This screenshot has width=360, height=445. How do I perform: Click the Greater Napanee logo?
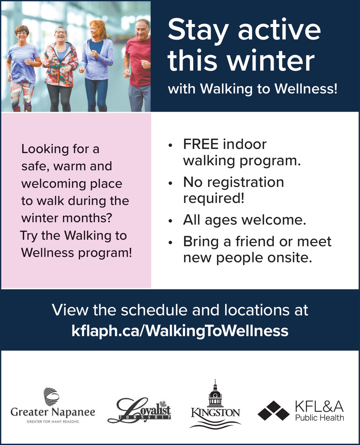click(53, 406)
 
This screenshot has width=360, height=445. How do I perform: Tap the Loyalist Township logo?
click(139, 410)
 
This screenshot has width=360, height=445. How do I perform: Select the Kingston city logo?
click(215, 404)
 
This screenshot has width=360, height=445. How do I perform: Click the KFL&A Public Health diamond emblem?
click(273, 410)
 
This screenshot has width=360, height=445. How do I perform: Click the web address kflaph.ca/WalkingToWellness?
click(180, 331)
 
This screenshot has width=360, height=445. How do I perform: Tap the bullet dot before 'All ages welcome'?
click(171, 221)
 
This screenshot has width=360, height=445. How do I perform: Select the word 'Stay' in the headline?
click(198, 30)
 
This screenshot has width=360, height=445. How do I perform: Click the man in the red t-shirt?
click(138, 65)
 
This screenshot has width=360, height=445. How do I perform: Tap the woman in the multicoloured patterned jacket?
click(60, 69)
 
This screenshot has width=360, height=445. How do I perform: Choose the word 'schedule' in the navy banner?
click(154, 310)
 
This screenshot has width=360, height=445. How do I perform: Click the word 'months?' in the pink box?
click(87, 218)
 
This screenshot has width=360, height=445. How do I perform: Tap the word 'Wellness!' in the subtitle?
click(306, 89)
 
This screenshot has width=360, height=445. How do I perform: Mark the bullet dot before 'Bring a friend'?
click(171, 243)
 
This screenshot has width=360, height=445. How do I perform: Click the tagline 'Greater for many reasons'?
click(53, 422)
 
